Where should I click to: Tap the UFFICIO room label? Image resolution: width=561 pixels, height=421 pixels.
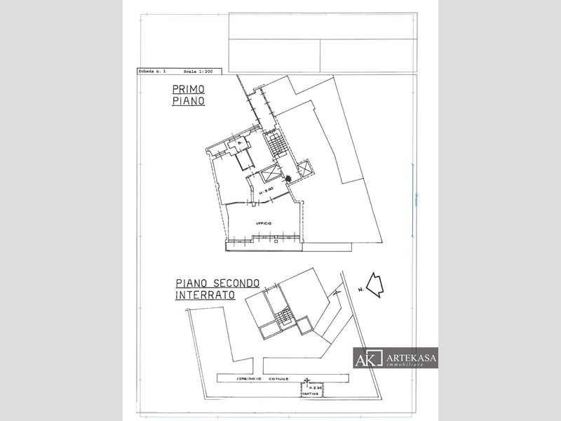point(264,223)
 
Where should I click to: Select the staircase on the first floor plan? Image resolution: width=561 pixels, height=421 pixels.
point(279,144)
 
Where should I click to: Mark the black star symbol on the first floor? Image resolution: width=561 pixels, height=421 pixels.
point(288,179)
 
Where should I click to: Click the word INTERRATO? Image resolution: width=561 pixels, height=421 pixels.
point(205,295)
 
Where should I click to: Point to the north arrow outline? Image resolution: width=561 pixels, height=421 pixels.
point(375,285)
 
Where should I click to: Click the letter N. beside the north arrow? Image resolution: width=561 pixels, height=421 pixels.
point(360,289)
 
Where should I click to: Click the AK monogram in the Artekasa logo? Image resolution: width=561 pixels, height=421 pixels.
point(368,358)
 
